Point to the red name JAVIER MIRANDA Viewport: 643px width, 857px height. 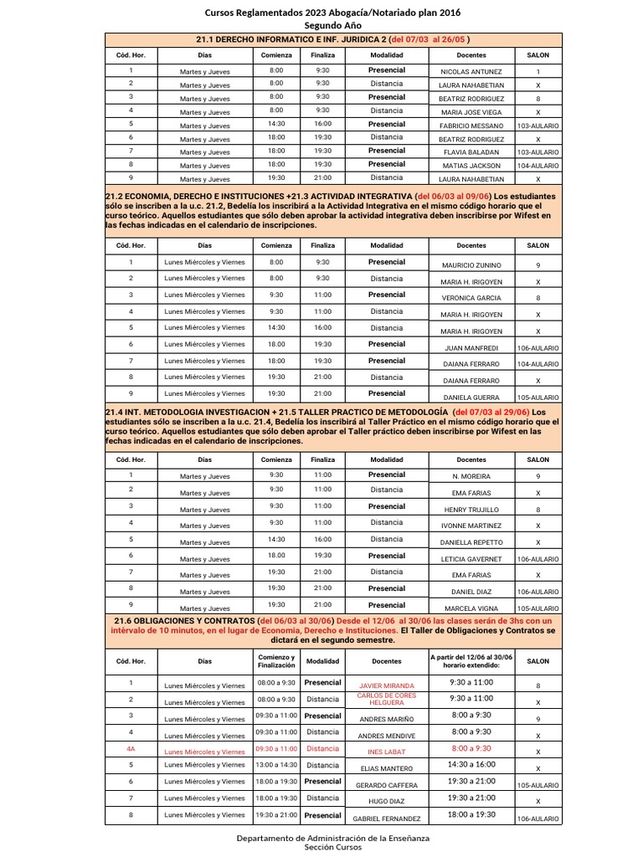click(386, 685)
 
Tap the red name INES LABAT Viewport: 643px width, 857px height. click(386, 752)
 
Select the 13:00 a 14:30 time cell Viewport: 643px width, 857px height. click(275, 765)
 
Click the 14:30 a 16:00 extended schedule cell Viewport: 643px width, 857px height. click(470, 764)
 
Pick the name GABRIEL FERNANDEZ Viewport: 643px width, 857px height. click(386, 818)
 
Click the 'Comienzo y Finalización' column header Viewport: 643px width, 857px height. click(275, 661)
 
